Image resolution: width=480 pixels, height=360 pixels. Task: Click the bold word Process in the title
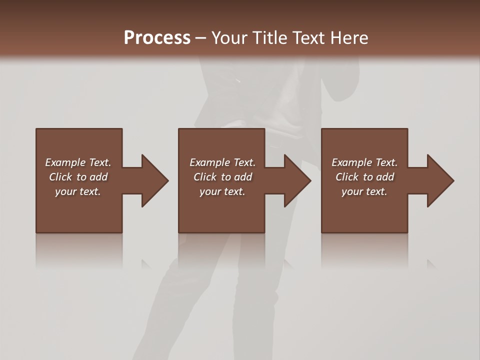(157, 38)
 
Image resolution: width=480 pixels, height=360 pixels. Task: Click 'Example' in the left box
(65, 162)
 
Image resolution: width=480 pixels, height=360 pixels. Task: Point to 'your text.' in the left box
(78, 191)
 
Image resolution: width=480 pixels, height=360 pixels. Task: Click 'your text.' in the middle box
(222, 191)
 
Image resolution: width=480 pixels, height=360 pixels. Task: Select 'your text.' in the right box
(364, 191)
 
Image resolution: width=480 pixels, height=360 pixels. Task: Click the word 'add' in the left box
(98, 177)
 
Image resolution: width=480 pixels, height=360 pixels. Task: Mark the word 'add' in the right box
(385, 177)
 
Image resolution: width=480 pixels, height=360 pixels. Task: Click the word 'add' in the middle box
(243, 177)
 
